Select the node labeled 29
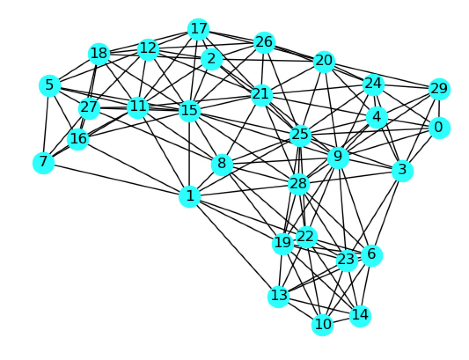440,89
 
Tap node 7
43,163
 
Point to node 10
322,325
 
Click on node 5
50,85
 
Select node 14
360,315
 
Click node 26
264,43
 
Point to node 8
222,165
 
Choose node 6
371,255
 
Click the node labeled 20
325,62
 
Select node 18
99,54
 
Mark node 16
78,139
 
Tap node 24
373,84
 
